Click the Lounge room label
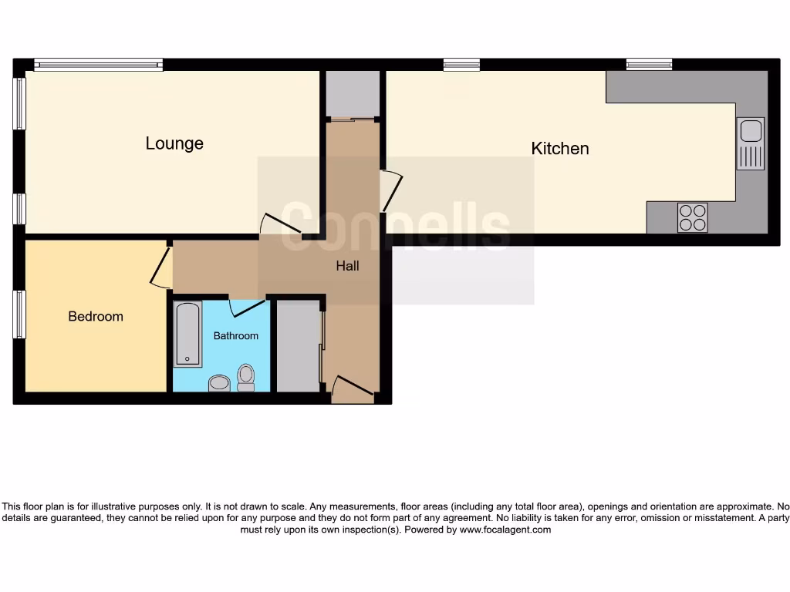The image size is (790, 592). [x=174, y=143]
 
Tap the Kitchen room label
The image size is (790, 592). [x=560, y=148]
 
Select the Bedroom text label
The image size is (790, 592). [x=96, y=316]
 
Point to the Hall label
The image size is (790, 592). [x=347, y=266]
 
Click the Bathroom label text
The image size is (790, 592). [x=236, y=336]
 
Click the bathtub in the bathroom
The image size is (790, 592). [x=187, y=334]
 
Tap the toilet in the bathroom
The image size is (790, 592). [x=246, y=377]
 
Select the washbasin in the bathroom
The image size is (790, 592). [x=220, y=383]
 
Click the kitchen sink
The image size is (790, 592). [x=751, y=143]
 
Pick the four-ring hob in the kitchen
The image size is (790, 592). [x=692, y=217]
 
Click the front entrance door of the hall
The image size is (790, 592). [x=353, y=388]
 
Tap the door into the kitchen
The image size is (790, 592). [x=390, y=191]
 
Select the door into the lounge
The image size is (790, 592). [x=279, y=224]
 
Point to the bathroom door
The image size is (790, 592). [x=248, y=308]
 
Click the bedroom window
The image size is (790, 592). [x=19, y=314]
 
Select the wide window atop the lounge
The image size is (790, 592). [x=98, y=66]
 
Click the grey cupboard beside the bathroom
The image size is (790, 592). [x=298, y=346]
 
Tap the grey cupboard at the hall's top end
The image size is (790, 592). [x=353, y=92]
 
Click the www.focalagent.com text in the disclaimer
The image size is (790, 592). [x=505, y=530]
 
